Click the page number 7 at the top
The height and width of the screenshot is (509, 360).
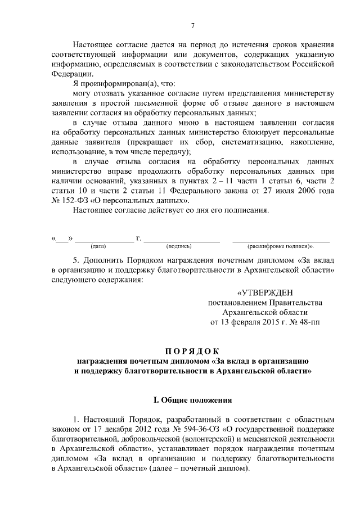(192, 25)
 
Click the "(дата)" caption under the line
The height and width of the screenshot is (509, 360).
(98, 246)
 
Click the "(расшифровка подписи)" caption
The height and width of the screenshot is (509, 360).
(280, 246)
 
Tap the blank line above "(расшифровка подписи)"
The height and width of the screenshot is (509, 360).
(281, 240)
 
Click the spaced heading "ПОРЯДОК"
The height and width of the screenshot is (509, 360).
(192, 351)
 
